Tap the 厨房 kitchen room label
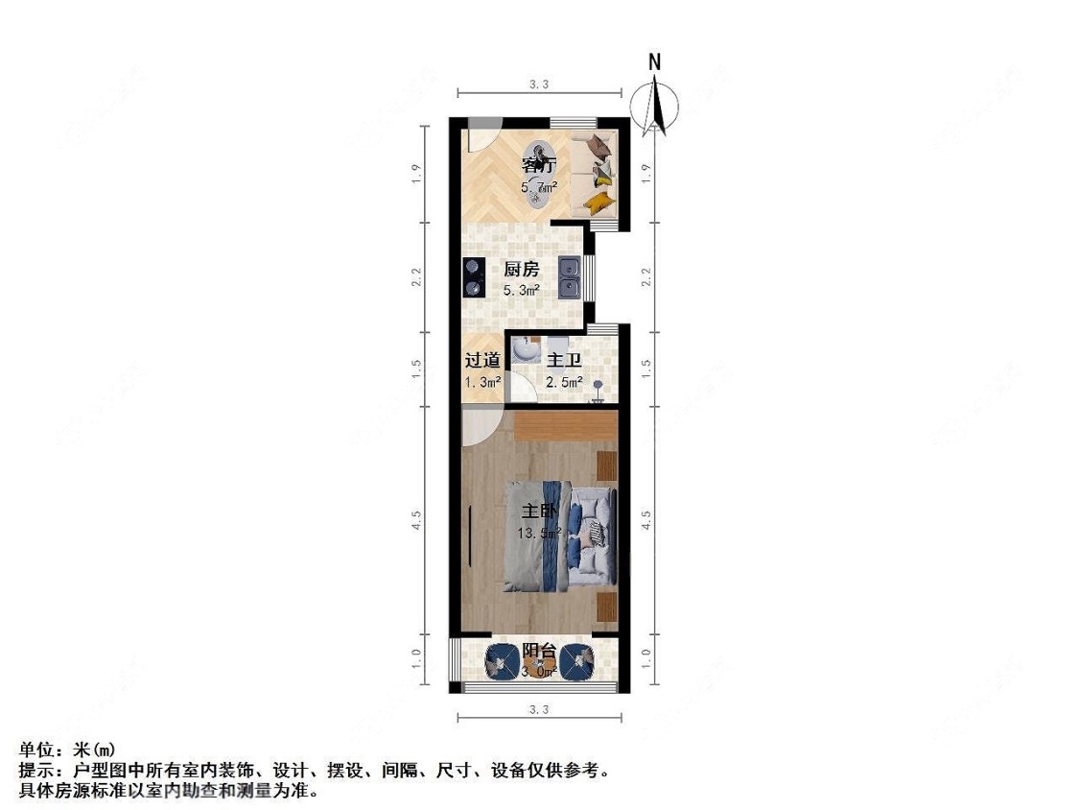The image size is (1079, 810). pyautogui.click(x=522, y=270)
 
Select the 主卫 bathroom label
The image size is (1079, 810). pyautogui.click(x=564, y=361)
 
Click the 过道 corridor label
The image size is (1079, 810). pyautogui.click(x=481, y=361)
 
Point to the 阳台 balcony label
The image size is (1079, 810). pyautogui.click(x=539, y=651)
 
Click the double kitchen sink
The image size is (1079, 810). pyautogui.click(x=570, y=276)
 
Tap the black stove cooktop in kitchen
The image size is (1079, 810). pyautogui.click(x=472, y=276)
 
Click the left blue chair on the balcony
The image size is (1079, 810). pyautogui.click(x=503, y=661)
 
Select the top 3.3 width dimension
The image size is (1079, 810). pyautogui.click(x=539, y=84)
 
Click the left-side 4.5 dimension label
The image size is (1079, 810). pyautogui.click(x=417, y=521)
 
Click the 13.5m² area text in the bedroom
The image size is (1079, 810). pyautogui.click(x=540, y=534)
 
